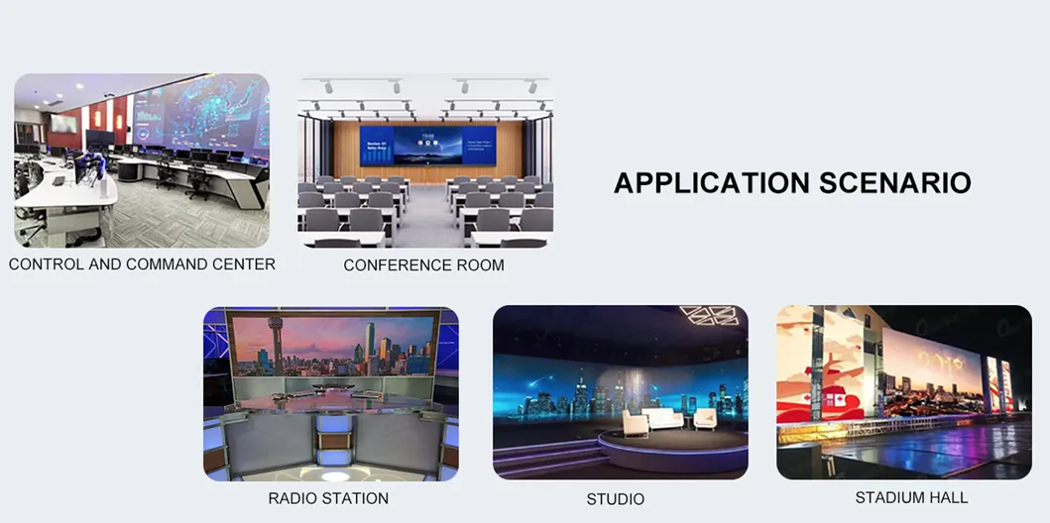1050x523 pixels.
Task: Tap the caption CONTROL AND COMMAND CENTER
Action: tap(142, 264)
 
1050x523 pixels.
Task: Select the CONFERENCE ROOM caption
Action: tap(424, 265)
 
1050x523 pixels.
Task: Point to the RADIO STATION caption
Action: tap(328, 498)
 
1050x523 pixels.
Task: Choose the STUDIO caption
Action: tap(616, 499)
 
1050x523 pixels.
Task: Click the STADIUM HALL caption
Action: tap(911, 497)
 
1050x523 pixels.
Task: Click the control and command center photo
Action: tap(142, 160)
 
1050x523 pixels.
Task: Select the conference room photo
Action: tap(425, 161)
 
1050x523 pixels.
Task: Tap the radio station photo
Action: tap(331, 394)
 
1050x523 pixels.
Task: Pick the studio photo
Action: tap(620, 392)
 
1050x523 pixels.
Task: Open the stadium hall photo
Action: tap(904, 392)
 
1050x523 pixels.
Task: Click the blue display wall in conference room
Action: tap(428, 146)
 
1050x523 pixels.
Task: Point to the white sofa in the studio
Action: tap(662, 419)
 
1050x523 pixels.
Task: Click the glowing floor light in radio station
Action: tap(335, 476)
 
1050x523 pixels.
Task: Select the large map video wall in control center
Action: tap(201, 121)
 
